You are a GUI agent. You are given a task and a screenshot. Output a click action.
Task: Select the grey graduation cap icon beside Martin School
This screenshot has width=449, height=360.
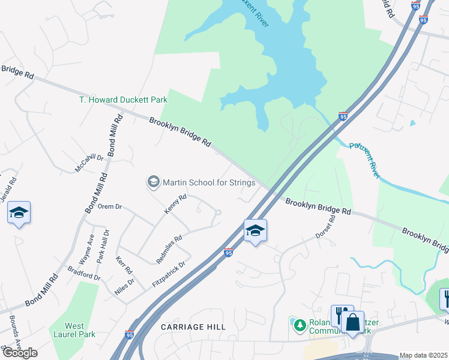click(x=153, y=182)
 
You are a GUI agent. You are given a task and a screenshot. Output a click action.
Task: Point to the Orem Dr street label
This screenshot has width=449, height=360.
click(x=110, y=206)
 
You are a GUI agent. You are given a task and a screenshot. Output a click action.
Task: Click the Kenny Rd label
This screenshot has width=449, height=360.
click(x=175, y=204)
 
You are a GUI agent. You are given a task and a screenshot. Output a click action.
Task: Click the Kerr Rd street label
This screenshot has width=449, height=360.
click(x=124, y=266)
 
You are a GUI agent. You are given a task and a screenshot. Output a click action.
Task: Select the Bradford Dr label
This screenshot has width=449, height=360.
click(x=84, y=274)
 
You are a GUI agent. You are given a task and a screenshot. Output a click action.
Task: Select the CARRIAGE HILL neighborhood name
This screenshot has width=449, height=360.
click(x=193, y=327)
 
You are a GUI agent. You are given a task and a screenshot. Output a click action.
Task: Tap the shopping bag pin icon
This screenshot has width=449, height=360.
click(x=353, y=322)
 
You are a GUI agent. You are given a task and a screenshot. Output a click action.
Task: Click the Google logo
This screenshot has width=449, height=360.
click(x=19, y=353)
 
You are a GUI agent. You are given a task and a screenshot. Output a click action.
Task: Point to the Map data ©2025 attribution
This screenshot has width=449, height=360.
click(x=423, y=355)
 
